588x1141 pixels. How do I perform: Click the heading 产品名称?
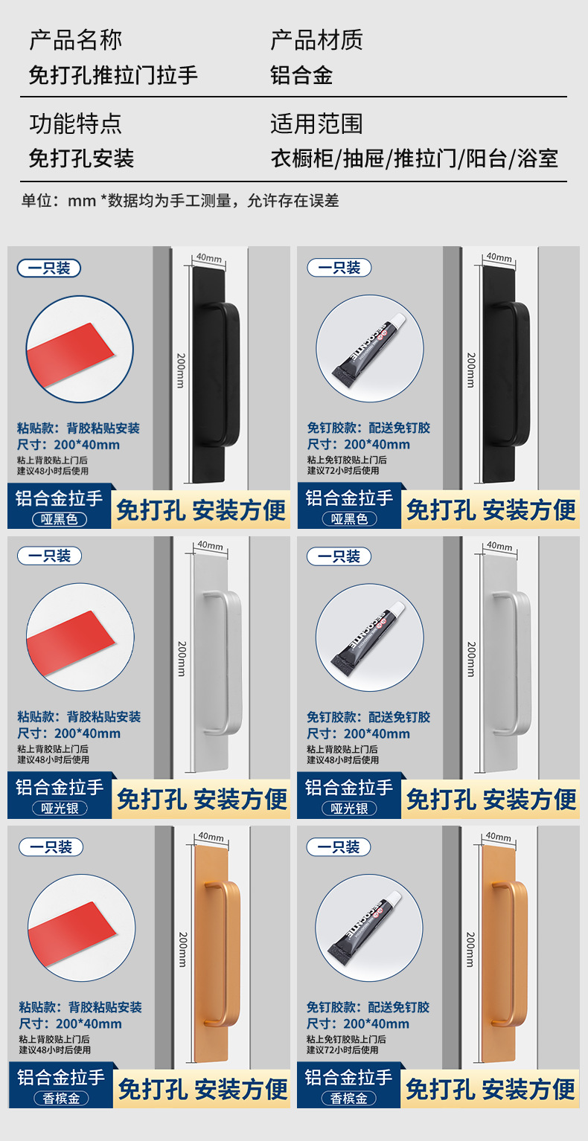[x=75, y=40]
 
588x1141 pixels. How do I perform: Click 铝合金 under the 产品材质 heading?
[x=301, y=75]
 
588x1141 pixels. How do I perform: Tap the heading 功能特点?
[x=75, y=123]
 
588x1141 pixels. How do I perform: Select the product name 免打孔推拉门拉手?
[x=113, y=75]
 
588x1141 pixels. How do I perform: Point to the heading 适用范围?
[x=316, y=123]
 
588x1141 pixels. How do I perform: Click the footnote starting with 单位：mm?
[x=179, y=200]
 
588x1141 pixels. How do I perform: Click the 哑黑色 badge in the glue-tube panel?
[x=350, y=519]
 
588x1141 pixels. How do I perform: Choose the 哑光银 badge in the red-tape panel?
[x=60, y=808]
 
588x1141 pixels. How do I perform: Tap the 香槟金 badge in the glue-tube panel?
[x=349, y=1098]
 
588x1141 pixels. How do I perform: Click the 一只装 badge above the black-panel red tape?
[x=49, y=268]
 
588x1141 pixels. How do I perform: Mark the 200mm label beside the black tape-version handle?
[x=180, y=370]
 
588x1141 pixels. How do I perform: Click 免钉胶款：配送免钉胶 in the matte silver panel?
[x=368, y=717]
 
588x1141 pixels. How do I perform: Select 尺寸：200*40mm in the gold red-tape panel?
[x=70, y=1023]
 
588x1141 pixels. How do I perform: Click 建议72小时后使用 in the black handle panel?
[x=343, y=470]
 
